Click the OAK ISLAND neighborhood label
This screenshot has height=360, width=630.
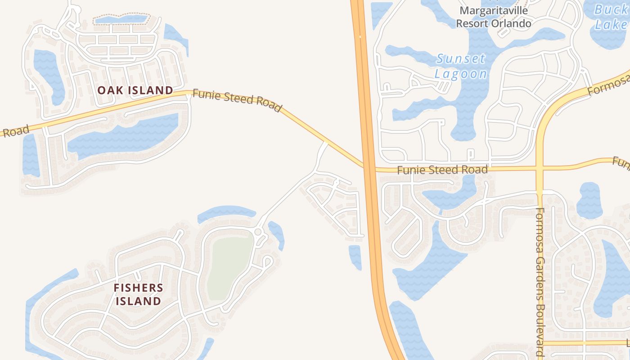[x=135, y=90]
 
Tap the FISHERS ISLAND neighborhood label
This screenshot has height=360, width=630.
[x=138, y=294]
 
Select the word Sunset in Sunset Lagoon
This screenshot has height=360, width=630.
[x=461, y=59]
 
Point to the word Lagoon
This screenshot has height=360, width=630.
[x=461, y=74]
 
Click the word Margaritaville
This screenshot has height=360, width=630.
[x=493, y=10]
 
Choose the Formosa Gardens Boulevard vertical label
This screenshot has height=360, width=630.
[x=540, y=283]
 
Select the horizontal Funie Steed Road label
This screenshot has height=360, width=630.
[x=442, y=170]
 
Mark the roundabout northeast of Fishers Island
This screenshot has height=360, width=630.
[x=258, y=232]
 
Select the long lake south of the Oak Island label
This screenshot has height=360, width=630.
[x=121, y=135]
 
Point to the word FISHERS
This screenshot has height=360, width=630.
[x=138, y=288]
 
